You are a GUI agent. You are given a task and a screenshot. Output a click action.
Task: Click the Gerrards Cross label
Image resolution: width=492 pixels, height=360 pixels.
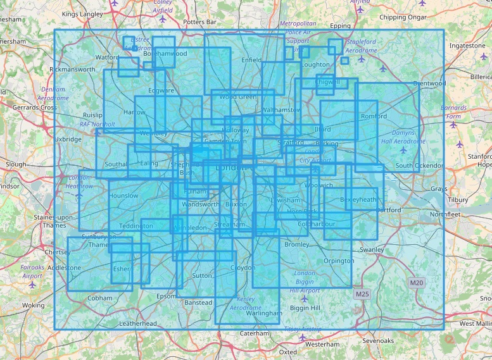click(34, 108)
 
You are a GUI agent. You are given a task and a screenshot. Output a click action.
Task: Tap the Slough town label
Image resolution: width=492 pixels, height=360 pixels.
click(16, 164)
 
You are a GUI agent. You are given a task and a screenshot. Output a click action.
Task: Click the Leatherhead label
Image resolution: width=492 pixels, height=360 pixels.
click(137, 323)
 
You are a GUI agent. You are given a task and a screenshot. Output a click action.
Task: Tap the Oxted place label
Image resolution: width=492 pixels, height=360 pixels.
click(287, 352)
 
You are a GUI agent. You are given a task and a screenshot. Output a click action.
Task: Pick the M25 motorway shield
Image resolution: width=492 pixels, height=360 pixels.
click(362, 294)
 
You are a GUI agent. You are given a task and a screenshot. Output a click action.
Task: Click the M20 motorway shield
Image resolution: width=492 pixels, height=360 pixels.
click(415, 283)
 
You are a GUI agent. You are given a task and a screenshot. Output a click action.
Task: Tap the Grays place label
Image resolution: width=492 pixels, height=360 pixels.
click(438, 189)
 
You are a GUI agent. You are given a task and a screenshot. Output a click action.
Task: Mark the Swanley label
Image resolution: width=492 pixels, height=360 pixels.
click(372, 249)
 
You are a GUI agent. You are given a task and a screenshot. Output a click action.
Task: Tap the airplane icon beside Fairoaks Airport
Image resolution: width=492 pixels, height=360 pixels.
click(32, 285)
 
